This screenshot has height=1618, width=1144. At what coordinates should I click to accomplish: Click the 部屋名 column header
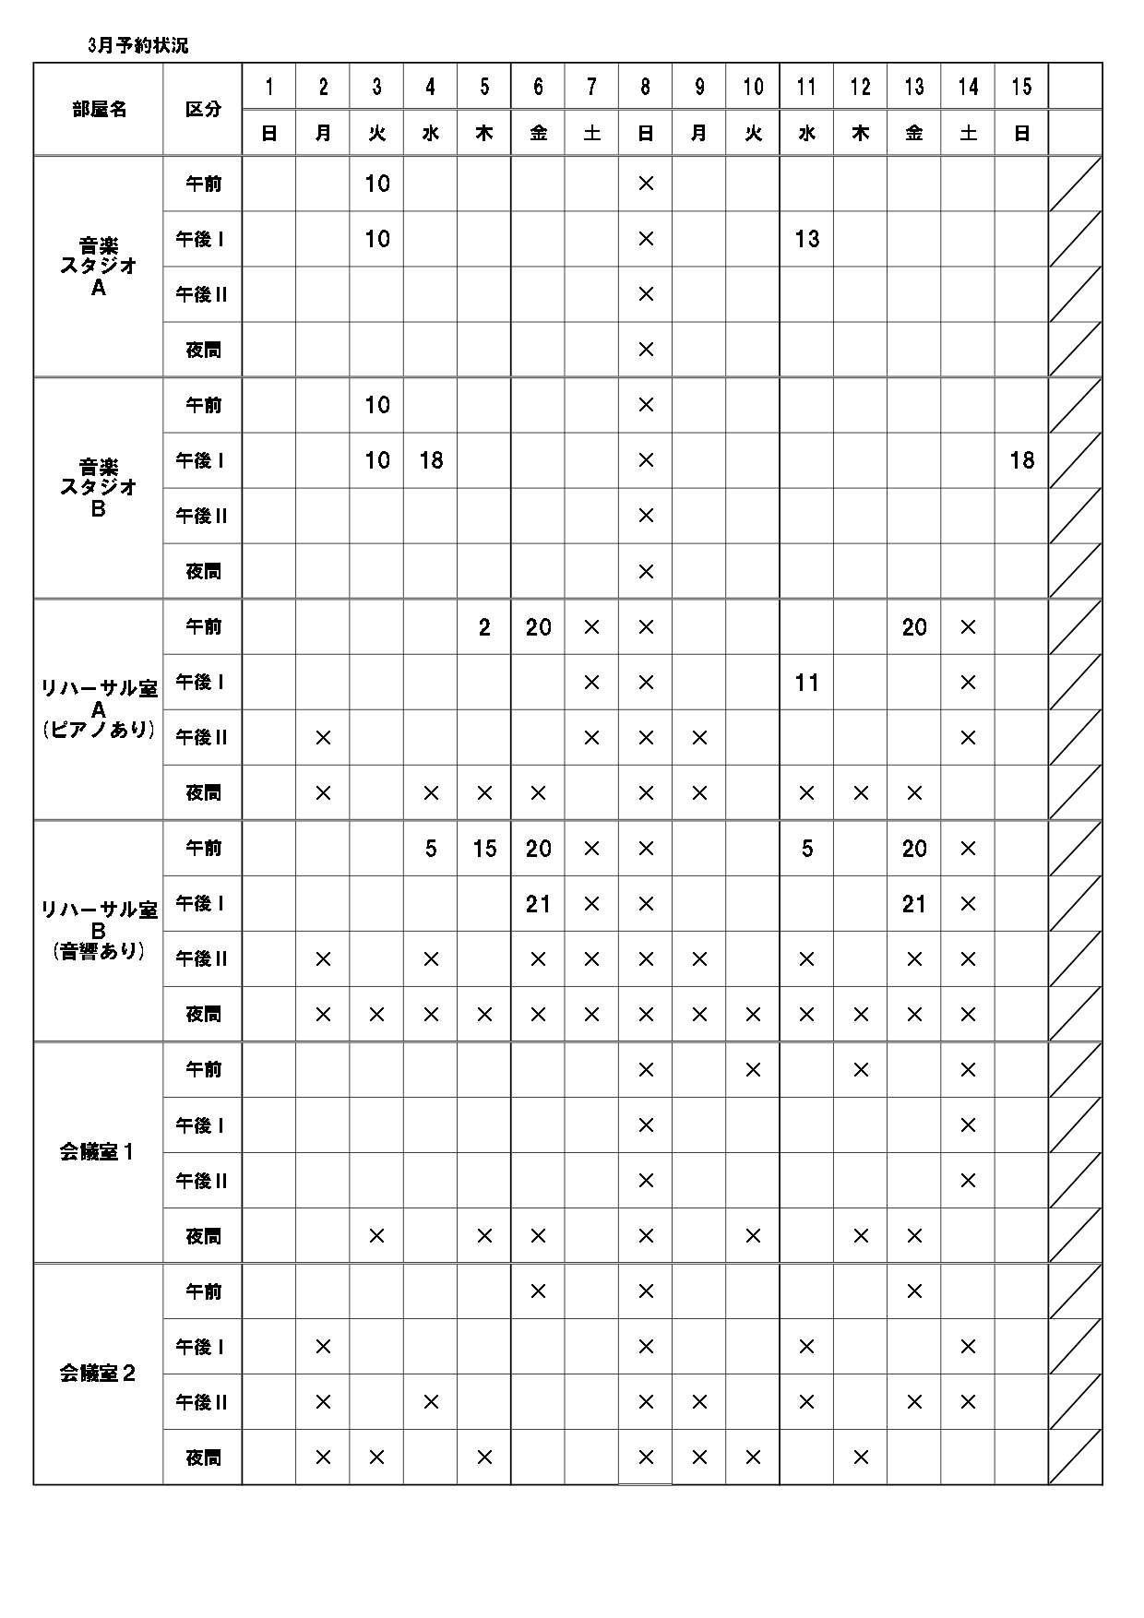point(99,109)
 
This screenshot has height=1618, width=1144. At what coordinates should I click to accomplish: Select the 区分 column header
point(203,109)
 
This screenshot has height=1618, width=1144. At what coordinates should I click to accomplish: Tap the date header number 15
point(1021,87)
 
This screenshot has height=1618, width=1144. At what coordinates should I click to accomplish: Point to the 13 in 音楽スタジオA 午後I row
point(806,239)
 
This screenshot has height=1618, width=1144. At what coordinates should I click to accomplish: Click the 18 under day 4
point(431,460)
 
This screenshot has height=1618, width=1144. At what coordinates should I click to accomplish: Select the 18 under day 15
point(1021,460)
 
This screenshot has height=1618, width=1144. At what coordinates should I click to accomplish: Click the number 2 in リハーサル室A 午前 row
point(484,627)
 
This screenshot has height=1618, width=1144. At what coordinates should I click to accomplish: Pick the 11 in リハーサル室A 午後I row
point(806,683)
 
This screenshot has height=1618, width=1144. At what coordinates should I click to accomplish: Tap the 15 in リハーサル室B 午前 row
point(484,849)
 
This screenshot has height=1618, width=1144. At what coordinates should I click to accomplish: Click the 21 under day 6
point(538,904)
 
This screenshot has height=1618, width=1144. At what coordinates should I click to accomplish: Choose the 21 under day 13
point(913,904)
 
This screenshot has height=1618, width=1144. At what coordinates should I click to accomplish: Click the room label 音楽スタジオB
point(99,487)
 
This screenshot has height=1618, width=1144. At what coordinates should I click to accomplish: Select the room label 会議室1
point(97,1152)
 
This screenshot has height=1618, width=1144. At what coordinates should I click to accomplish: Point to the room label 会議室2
point(97,1374)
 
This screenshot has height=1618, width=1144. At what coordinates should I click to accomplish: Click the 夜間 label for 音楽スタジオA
point(203,350)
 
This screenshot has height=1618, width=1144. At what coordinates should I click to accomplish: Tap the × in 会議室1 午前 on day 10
point(753,1070)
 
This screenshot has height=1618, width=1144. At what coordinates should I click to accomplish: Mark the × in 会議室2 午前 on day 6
point(538,1291)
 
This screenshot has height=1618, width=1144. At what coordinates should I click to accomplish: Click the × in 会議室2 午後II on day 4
point(431,1402)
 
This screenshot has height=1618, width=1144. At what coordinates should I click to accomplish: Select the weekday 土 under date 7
point(591,134)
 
